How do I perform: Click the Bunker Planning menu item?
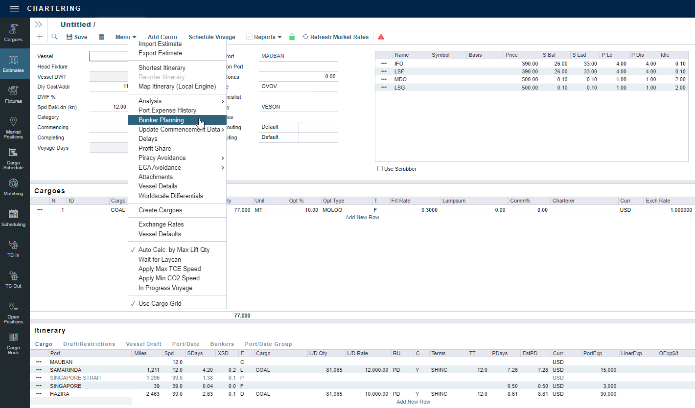pos(161,120)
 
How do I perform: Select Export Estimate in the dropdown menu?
pos(160,53)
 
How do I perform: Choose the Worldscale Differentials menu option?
pos(170,196)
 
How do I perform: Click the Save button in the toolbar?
pos(77,37)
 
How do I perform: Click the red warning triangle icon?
pos(381,37)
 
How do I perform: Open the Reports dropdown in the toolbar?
pos(264,37)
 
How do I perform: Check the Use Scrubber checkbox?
pos(380,169)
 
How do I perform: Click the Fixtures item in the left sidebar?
pos(14,95)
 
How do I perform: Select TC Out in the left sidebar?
pos(14,280)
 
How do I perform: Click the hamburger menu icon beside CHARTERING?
pos(14,9)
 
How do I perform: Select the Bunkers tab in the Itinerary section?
pos(222,344)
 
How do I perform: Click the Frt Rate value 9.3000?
pos(428,210)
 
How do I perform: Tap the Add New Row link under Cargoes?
pos(362,217)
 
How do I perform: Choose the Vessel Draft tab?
pos(143,344)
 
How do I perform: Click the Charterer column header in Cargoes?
pos(563,201)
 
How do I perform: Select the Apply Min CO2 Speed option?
pos(169,278)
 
